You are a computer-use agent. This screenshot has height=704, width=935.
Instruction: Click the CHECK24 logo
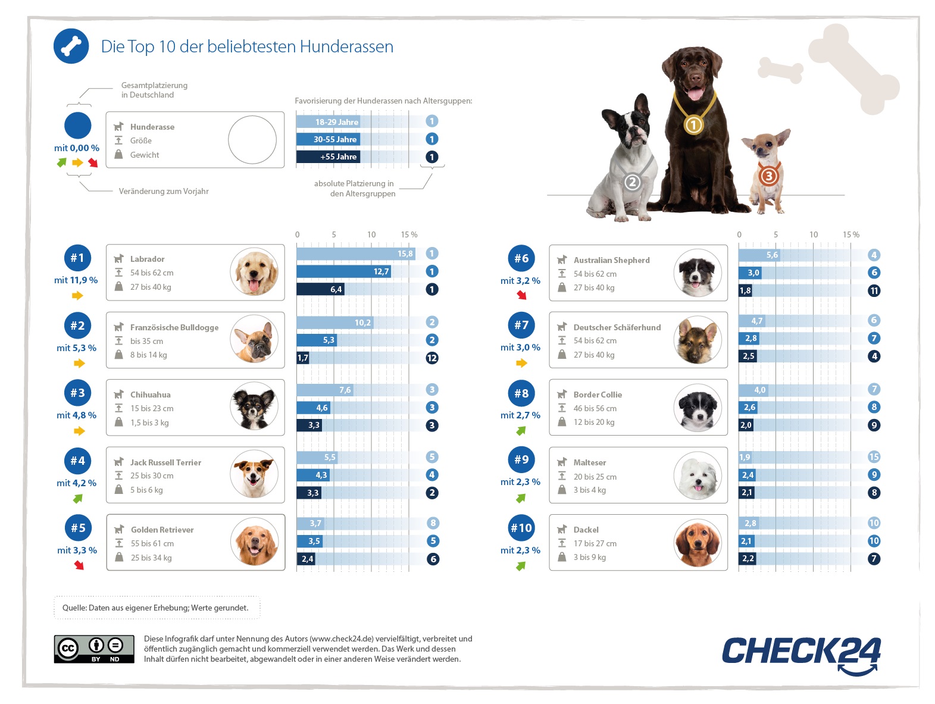coord(800,653)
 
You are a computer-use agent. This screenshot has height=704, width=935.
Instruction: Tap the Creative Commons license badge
coord(94,649)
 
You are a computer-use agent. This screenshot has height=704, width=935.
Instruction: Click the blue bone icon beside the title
coord(71,46)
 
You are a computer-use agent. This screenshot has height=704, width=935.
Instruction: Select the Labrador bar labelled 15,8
coord(356,254)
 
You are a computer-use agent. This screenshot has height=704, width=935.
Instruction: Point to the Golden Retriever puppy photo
coord(255,542)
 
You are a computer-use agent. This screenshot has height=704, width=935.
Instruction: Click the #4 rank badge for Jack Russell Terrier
coord(78,461)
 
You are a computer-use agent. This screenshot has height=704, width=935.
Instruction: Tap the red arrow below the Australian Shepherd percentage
coord(522,295)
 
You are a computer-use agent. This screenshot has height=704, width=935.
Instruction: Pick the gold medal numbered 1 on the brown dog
coord(693,125)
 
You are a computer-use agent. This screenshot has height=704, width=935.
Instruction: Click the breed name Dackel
coord(586,530)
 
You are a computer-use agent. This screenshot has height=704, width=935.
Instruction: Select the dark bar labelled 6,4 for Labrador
coord(320,289)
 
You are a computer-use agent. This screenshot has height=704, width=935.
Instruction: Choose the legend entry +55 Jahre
coord(328,157)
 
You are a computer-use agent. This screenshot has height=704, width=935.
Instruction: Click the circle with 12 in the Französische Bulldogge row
coord(432,358)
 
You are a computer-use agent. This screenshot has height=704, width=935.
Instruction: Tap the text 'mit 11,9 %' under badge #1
coord(76,280)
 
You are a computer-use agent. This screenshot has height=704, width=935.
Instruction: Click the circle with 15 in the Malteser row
coord(874,457)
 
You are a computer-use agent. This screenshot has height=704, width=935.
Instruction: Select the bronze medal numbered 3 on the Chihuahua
coord(768,176)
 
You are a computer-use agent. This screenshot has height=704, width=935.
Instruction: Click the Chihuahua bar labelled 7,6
coord(325,390)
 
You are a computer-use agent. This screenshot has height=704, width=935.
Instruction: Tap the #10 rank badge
coord(521,528)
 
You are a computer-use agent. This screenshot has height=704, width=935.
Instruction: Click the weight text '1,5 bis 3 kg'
coord(149,423)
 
